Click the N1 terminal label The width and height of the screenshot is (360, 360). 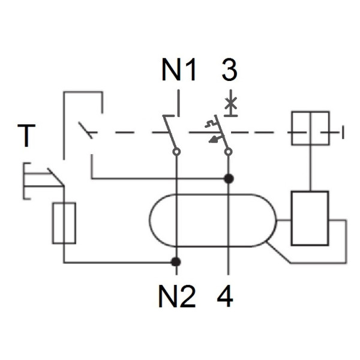tap(179, 71)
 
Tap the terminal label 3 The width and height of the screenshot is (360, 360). tap(229, 70)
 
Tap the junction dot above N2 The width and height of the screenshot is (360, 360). tap(176, 262)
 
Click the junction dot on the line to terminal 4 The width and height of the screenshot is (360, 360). tap(228, 178)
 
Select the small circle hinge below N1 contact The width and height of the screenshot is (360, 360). tap(176, 152)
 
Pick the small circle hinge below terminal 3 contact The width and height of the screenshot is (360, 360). tap(228, 152)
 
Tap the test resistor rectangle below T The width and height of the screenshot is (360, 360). tap(64, 223)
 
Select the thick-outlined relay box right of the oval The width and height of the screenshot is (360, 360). tap(310, 218)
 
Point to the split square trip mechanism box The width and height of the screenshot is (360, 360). tap(310, 128)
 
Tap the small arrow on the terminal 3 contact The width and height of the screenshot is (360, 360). tap(213, 139)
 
